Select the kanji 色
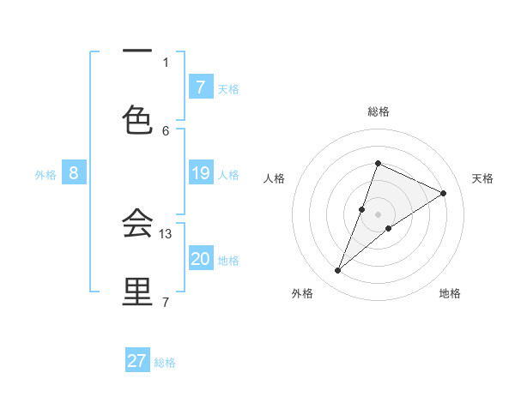[x=137, y=119]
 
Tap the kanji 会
[x=137, y=222]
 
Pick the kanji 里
[x=137, y=291]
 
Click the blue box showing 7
[x=200, y=87]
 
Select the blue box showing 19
[x=200, y=173]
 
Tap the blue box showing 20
[x=200, y=259]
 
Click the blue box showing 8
[x=74, y=173]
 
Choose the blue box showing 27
[x=137, y=361]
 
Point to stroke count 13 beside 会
[x=167, y=233]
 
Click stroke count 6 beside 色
[x=166, y=130]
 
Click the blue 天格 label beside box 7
[x=228, y=88]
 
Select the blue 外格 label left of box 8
[x=45, y=175]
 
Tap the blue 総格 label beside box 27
[x=165, y=363]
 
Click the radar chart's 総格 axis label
[x=378, y=111]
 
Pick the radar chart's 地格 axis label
[x=450, y=293]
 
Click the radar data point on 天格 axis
[x=444, y=193]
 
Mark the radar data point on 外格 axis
[x=337, y=271]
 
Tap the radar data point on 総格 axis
[x=378, y=163]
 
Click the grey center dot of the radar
[x=378, y=214]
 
